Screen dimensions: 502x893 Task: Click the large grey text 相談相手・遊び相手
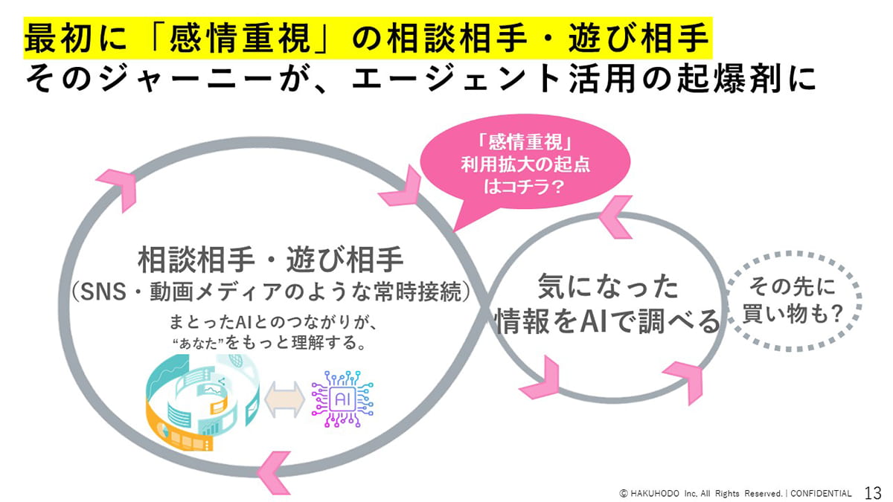[271, 262]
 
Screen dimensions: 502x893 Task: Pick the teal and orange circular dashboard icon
[201, 402]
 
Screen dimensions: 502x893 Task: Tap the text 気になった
[608, 286]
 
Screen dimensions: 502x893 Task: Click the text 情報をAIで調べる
[608, 321]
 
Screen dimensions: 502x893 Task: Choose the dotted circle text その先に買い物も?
[793, 301]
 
